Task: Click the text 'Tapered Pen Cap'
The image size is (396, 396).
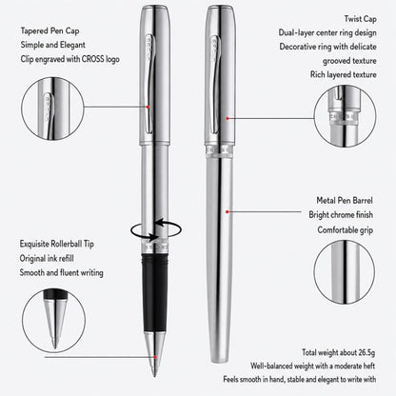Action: (x=49, y=31)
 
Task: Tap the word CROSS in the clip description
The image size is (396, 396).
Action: (x=93, y=59)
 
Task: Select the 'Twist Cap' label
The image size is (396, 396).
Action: (x=361, y=19)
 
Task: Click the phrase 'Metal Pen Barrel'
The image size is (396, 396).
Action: (x=345, y=201)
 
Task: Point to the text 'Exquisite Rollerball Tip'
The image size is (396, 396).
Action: (x=57, y=244)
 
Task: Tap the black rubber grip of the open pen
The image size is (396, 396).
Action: (x=155, y=292)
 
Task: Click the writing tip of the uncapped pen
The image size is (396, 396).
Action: (x=154, y=373)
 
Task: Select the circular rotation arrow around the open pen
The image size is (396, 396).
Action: (x=156, y=229)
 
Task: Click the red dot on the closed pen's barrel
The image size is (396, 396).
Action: (x=228, y=211)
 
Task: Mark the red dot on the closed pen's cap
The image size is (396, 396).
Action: (x=228, y=118)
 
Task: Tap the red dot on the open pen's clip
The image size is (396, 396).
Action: (x=148, y=107)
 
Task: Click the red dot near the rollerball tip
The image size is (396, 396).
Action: (x=155, y=357)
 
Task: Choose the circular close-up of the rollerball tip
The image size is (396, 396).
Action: (x=53, y=321)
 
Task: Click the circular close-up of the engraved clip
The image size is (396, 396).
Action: (x=52, y=109)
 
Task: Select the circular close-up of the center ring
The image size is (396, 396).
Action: (x=345, y=116)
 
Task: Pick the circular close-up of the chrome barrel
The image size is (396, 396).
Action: (x=345, y=272)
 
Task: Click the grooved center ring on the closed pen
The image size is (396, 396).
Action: (x=219, y=151)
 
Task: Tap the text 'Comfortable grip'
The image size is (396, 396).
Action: (x=346, y=230)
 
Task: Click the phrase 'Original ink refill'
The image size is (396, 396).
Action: (x=47, y=258)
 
